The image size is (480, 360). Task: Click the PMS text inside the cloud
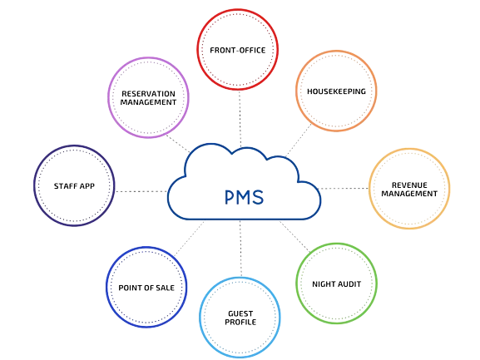(244, 197)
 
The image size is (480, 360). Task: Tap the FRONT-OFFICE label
(238, 50)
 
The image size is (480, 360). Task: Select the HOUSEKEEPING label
(336, 91)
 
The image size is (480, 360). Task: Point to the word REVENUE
(409, 185)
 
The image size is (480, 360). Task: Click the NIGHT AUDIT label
(336, 284)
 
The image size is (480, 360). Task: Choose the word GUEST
(240, 313)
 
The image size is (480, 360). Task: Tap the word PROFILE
(240, 322)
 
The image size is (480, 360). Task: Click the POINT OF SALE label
(146, 288)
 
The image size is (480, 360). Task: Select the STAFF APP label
(74, 186)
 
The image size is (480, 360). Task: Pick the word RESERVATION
(148, 94)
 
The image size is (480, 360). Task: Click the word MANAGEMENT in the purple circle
(148, 102)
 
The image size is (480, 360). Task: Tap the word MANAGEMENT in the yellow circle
(409, 194)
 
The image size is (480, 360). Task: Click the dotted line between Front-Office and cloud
(240, 119)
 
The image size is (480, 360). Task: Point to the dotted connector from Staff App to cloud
(141, 191)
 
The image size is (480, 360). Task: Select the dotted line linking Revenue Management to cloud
(344, 189)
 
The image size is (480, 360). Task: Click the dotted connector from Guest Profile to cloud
(240, 249)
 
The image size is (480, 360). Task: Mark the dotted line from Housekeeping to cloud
(299, 141)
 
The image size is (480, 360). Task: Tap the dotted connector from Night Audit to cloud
(294, 237)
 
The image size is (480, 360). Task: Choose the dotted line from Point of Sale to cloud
(189, 239)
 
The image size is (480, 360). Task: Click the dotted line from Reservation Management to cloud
(178, 144)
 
